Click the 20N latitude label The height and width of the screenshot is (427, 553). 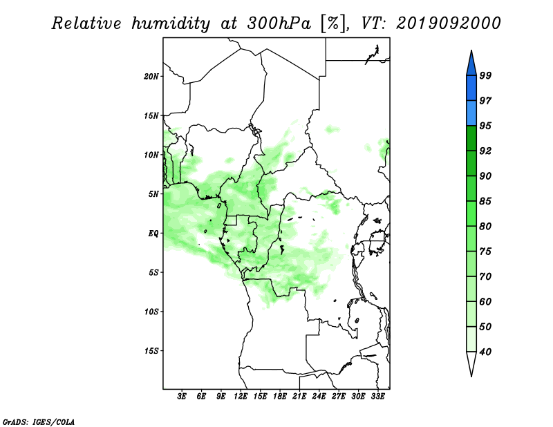(151, 77)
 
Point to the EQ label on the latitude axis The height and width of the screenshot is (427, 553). (153, 234)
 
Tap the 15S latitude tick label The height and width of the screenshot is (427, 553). (151, 351)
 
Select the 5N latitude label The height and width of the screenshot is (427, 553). (153, 194)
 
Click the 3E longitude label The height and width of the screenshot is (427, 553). (182, 397)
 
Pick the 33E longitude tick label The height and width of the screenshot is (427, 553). (377, 397)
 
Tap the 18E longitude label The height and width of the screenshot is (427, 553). (280, 397)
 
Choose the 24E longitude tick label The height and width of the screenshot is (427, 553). (319, 397)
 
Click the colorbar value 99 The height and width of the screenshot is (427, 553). (485, 75)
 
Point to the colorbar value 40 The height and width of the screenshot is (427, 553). (485, 352)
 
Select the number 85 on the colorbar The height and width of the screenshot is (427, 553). (485, 201)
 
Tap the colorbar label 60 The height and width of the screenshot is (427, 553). (485, 301)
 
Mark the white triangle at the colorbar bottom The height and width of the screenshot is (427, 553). (471, 362)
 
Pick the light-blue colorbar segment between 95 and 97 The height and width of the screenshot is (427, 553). (471, 113)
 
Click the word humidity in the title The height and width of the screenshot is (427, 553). (171, 23)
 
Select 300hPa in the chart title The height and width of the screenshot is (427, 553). (279, 23)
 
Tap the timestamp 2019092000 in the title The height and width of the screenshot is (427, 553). (448, 23)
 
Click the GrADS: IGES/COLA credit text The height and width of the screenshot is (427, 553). (39, 422)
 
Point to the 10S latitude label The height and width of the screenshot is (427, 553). (151, 312)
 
